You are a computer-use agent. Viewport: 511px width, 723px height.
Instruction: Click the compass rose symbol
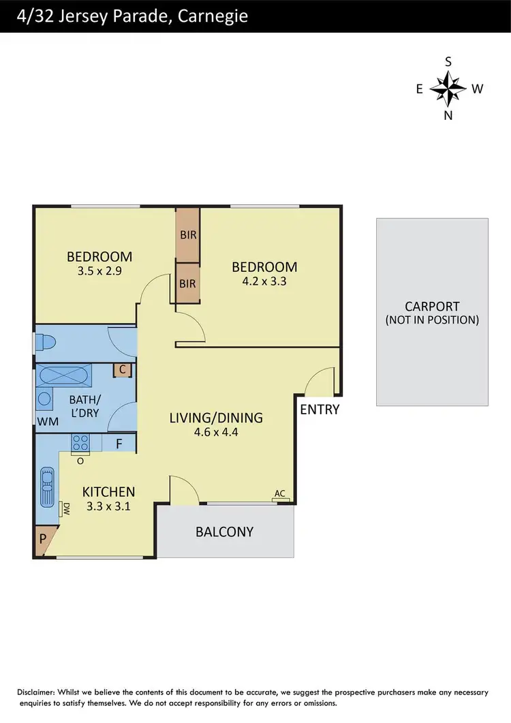point(448,88)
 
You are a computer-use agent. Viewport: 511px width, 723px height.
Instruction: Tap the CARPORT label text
point(432,307)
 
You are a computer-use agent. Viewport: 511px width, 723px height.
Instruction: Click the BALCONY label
point(225,532)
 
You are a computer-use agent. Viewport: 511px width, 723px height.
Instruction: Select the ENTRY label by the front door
point(320,410)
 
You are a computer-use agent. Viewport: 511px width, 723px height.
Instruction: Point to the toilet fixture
point(48,341)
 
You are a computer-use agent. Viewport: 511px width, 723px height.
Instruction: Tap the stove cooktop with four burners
point(80,443)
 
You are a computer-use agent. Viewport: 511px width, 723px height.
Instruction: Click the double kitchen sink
point(47,487)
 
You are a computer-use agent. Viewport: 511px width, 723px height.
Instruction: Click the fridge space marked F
point(119,443)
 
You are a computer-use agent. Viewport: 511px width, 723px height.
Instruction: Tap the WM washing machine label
point(48,421)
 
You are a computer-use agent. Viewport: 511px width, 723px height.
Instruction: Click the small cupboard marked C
point(123,370)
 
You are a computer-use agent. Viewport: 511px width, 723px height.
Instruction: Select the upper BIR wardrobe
point(188,235)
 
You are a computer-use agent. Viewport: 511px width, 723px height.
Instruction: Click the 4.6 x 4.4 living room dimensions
point(216,431)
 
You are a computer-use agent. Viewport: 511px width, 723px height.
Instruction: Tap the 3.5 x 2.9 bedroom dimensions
point(99,270)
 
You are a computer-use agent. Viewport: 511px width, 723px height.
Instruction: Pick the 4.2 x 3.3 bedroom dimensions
point(264,280)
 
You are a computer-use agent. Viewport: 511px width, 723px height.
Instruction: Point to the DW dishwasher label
point(67,508)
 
